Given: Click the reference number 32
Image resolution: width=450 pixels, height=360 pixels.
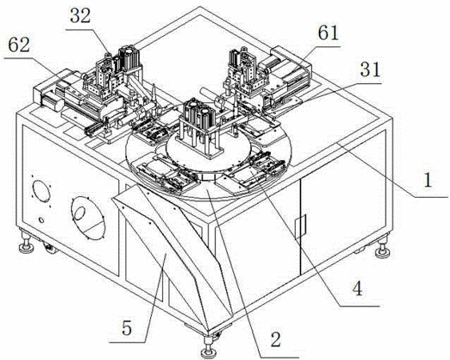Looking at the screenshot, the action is coord(81,16).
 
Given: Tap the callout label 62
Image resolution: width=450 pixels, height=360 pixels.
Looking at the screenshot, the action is coord(19,45).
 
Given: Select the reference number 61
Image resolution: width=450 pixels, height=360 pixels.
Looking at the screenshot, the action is coord(329,33).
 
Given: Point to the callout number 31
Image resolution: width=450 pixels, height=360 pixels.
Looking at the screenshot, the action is coord(370,70).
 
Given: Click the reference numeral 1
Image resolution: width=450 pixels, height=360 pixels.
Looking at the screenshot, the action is coord(428,181).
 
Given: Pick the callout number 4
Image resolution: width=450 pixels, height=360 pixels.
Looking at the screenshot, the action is coord(357,289).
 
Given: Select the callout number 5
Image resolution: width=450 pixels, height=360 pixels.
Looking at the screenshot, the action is coord(126,328).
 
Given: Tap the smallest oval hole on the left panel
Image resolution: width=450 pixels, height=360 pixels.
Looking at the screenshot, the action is coord(42,220).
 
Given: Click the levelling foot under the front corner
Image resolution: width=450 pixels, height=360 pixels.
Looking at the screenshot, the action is coord(208,348).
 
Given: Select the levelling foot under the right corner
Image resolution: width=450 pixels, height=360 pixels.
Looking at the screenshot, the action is coord(383,247).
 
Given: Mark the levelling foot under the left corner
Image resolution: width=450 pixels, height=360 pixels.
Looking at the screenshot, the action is coord(26,242).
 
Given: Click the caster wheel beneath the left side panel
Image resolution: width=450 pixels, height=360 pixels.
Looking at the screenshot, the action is coord(50,248).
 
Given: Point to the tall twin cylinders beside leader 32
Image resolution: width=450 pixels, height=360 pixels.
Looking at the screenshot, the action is coord(129,59).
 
